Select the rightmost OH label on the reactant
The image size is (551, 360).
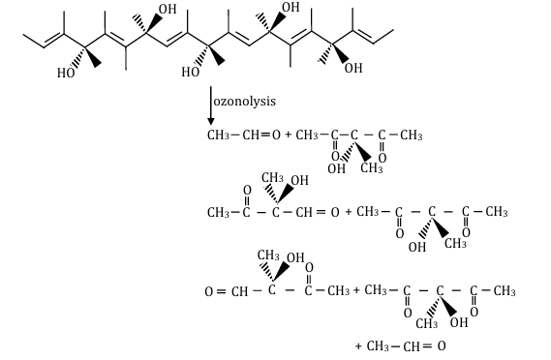tap(352, 68)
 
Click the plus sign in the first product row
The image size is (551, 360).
tap(288, 135)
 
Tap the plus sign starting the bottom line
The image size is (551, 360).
tap(358, 345)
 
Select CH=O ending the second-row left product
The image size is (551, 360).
tap(321, 210)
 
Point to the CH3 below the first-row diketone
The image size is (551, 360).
tap(372, 167)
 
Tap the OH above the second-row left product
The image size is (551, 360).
tap(300, 181)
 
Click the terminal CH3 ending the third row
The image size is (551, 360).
tap(504, 290)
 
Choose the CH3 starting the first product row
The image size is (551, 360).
tap(218, 135)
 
